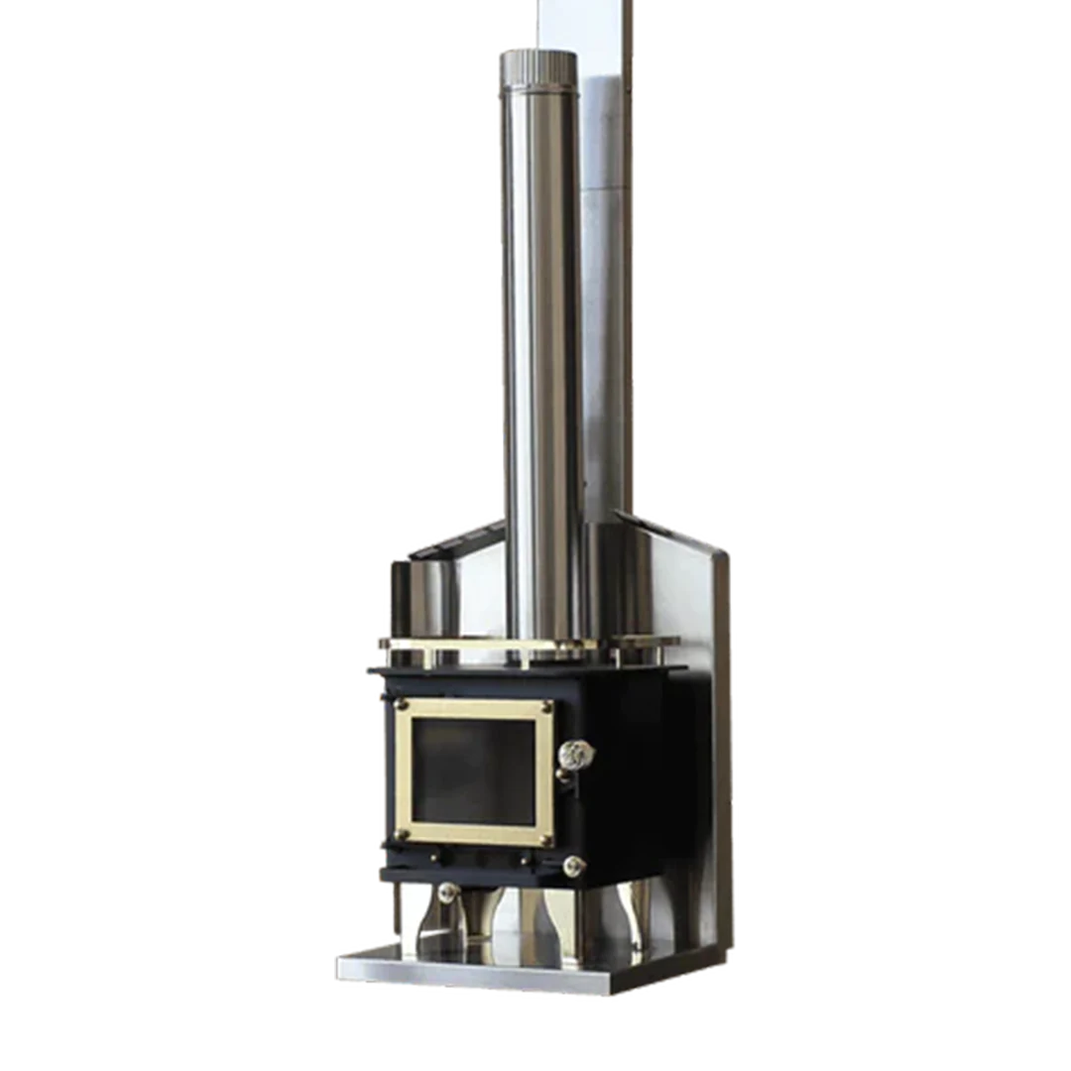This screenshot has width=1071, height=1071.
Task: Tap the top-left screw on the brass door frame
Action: [x=402, y=705]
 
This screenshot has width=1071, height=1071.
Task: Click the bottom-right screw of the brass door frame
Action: [x=543, y=839]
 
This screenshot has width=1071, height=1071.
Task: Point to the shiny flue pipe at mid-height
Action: [x=540, y=347]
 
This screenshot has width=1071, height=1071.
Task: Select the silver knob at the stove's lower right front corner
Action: [x=572, y=866]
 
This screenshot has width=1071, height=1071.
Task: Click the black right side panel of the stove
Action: [x=645, y=773]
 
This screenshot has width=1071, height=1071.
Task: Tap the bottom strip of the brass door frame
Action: [x=474, y=835]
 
